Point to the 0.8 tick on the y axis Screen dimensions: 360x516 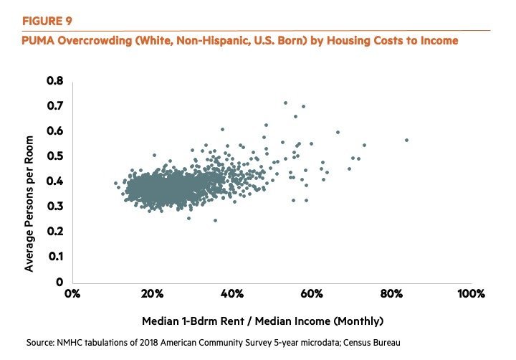click(x=55, y=80)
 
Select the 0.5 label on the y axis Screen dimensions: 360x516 click(x=55, y=156)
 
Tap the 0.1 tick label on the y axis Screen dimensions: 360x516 click(x=55, y=256)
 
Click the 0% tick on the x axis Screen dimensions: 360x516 click(x=72, y=294)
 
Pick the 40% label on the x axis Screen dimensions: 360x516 click(x=231, y=294)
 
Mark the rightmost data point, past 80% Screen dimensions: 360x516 click(x=406, y=140)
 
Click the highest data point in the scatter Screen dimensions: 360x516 click(x=285, y=103)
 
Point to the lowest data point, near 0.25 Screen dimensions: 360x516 click(x=215, y=220)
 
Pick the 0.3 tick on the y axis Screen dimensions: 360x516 click(x=55, y=206)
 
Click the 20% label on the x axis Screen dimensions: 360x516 click(x=151, y=294)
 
